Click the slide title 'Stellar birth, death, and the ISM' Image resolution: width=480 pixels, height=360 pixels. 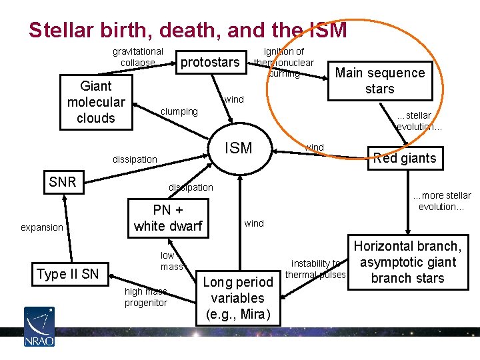coord(187,30)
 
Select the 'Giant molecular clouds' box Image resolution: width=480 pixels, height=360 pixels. coord(96,102)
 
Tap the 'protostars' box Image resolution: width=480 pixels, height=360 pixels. coord(210,62)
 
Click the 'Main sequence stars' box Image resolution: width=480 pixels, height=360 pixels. coord(379,81)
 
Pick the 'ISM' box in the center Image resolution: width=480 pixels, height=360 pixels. coord(238,148)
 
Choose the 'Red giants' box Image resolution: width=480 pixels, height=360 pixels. coord(405,158)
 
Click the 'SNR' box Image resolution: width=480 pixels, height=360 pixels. coord(63,182)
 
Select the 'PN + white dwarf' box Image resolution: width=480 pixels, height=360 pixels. coord(167,218)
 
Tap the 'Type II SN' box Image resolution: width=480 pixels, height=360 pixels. coord(67,274)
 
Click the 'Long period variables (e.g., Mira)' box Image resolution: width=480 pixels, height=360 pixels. coord(238,298)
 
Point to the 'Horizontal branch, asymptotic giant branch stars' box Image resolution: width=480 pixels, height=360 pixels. coord(407,262)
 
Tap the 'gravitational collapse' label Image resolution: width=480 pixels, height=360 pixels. coord(137,57)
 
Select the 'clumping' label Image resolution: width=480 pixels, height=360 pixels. coord(180,111)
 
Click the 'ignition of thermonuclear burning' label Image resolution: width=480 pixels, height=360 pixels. coord(283,62)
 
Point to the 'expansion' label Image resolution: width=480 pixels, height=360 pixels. coord(41,227)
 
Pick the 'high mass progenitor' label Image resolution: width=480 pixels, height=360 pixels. coord(146,297)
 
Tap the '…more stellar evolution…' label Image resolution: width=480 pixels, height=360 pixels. coord(441,201)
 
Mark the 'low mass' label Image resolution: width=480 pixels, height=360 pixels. coord(171,261)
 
